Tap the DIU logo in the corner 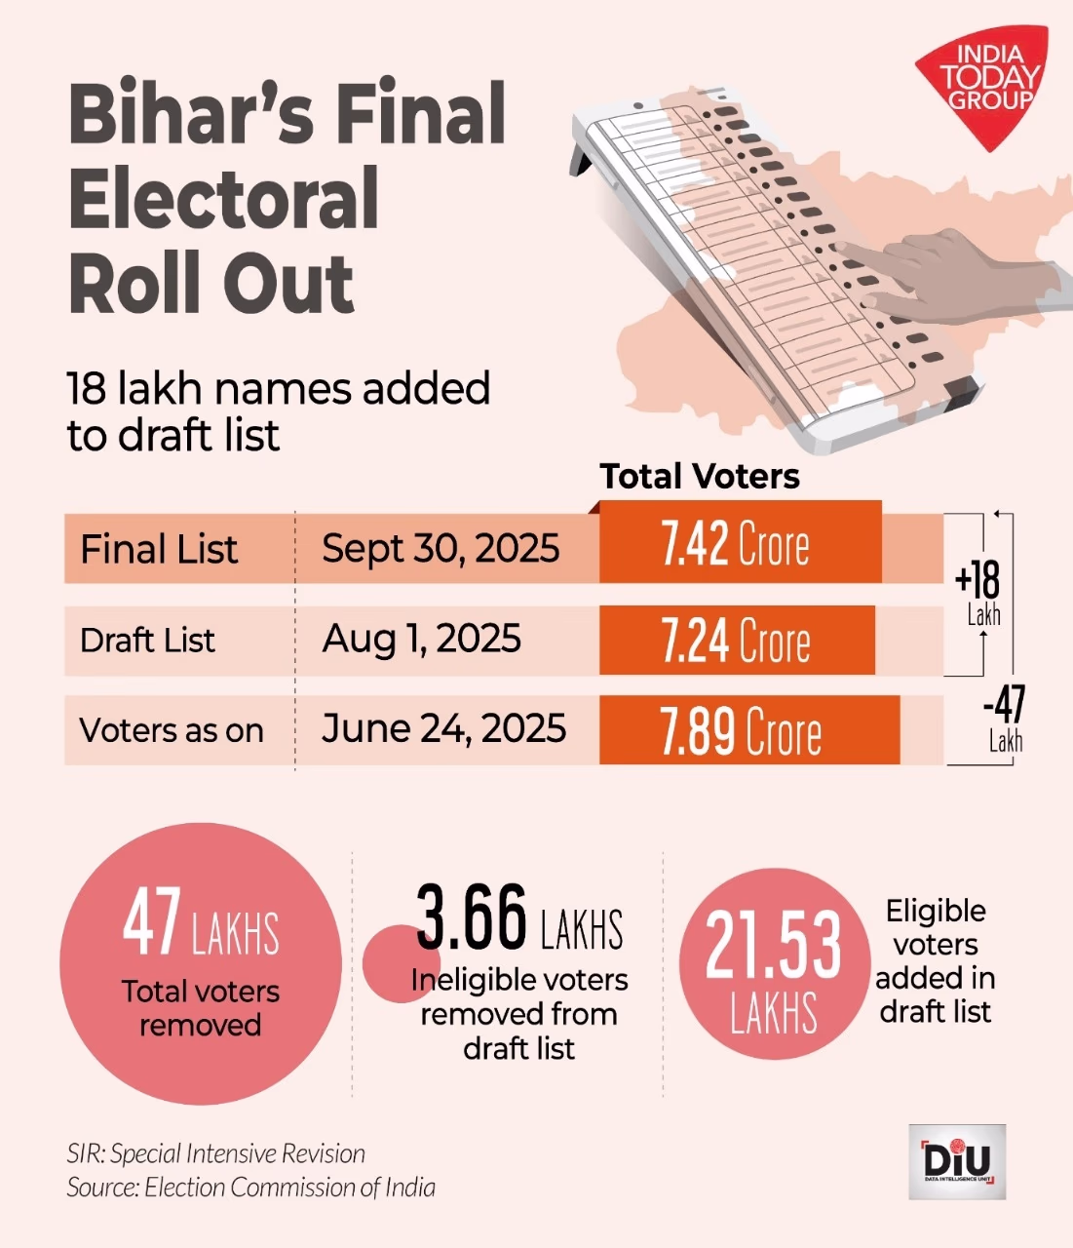click(956, 1161)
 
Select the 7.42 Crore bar click(740, 543)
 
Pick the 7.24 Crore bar click(736, 641)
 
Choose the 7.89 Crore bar click(747, 730)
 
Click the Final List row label click(159, 549)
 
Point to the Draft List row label click(148, 641)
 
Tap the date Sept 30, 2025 click(441, 548)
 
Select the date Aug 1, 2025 click(421, 640)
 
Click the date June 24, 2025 click(443, 728)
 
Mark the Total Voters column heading click(700, 476)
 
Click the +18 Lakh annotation click(979, 592)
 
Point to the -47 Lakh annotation click(1004, 719)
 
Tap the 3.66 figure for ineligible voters click(472, 917)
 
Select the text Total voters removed click(200, 1008)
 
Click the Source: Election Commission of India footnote click(250, 1188)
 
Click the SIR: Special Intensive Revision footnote click(216, 1154)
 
